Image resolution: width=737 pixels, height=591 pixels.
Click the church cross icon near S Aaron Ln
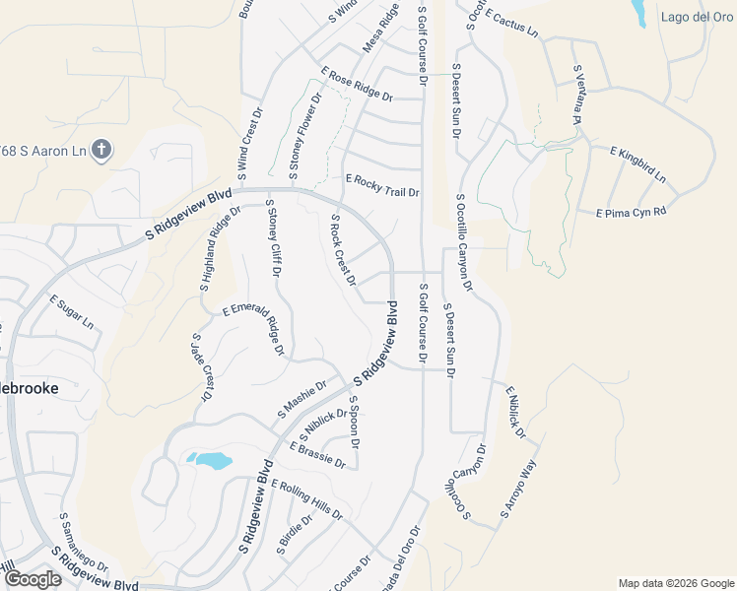click(x=100, y=151)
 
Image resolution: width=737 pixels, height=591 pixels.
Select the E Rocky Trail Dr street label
click(x=383, y=185)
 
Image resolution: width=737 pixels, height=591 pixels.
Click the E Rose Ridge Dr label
click(x=357, y=84)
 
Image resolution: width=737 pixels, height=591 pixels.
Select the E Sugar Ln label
click(x=72, y=313)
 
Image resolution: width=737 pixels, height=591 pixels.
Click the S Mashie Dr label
click(x=301, y=400)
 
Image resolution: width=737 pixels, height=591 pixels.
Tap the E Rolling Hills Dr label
click(x=308, y=500)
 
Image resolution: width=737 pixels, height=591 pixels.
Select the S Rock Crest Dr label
click(x=342, y=250)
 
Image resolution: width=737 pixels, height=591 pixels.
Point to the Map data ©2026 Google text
click(x=675, y=583)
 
